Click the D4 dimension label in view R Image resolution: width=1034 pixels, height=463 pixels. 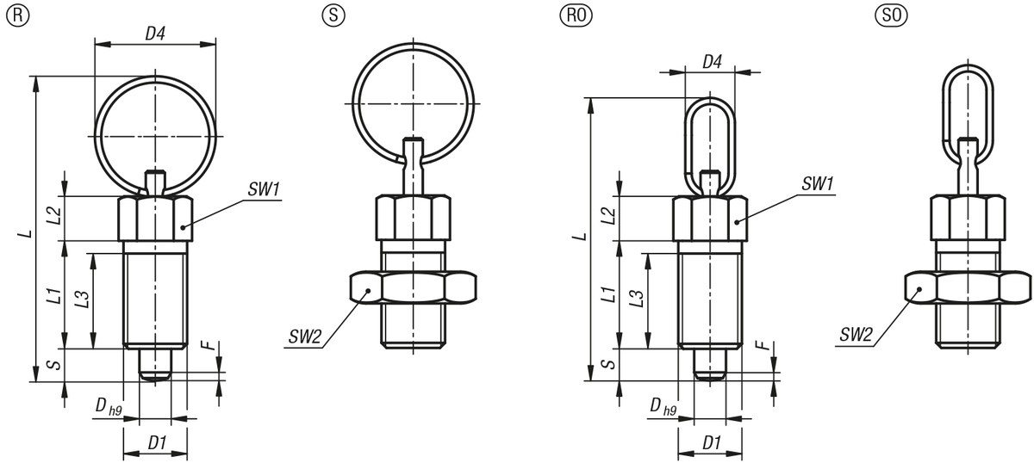point(155,34)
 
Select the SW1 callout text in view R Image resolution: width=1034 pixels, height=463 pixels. point(264,188)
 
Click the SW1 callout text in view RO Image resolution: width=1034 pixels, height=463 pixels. point(818,183)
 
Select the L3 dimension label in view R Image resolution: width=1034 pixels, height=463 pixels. point(82,299)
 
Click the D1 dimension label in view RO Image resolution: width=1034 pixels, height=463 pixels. point(711,443)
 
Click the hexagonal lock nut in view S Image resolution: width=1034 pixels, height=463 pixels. point(413,287)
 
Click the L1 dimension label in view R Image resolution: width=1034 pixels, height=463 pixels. point(53,296)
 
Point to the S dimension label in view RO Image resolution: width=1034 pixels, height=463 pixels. point(607,365)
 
